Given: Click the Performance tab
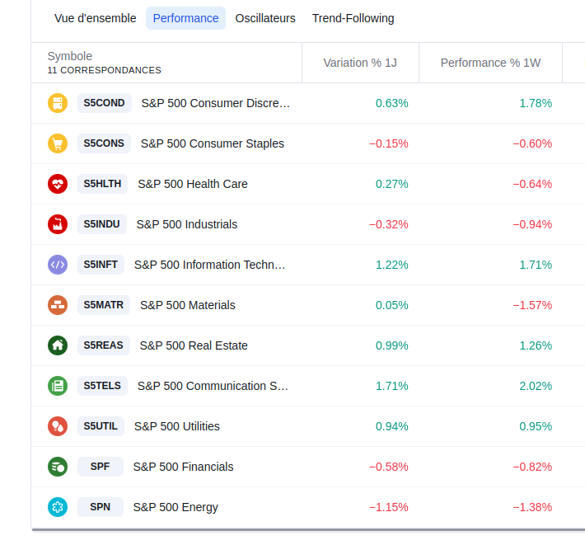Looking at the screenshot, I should click(185, 18).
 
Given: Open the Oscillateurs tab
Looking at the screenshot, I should click(265, 18).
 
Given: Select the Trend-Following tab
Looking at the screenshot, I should click(353, 18).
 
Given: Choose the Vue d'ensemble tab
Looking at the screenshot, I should click(95, 18).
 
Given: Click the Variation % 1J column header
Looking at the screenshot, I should click(360, 63).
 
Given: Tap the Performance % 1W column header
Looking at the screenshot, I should click(490, 63).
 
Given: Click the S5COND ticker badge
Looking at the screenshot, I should click(104, 103).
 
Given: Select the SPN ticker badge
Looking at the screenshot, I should click(100, 507).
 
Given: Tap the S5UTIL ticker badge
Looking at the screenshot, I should click(101, 426).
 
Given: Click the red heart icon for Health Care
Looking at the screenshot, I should click(58, 184).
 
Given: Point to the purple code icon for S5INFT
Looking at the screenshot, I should click(58, 265).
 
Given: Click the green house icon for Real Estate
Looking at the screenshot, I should click(58, 345).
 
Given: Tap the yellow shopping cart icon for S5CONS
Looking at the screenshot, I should click(58, 143).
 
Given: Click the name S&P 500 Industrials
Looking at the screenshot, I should click(187, 224).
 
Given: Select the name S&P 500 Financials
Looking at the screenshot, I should click(184, 467).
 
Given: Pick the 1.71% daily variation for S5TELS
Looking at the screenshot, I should click(391, 386).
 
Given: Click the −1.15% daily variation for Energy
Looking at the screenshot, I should click(388, 507).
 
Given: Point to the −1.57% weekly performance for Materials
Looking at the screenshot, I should click(532, 305).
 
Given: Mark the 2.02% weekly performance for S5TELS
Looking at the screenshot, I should click(536, 386).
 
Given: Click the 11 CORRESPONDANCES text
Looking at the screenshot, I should click(104, 71).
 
